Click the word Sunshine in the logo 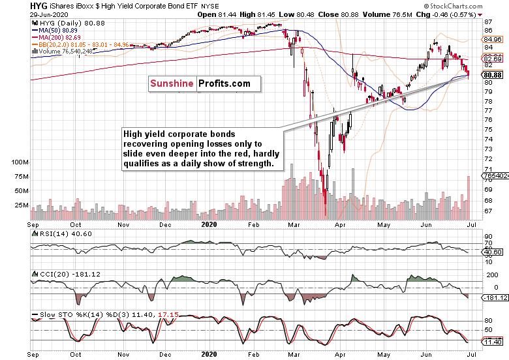click(x=172, y=83)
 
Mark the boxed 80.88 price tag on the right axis click(x=493, y=75)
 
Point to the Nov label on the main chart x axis click(x=123, y=224)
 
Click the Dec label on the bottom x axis click(x=164, y=355)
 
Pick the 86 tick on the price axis click(x=488, y=22)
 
